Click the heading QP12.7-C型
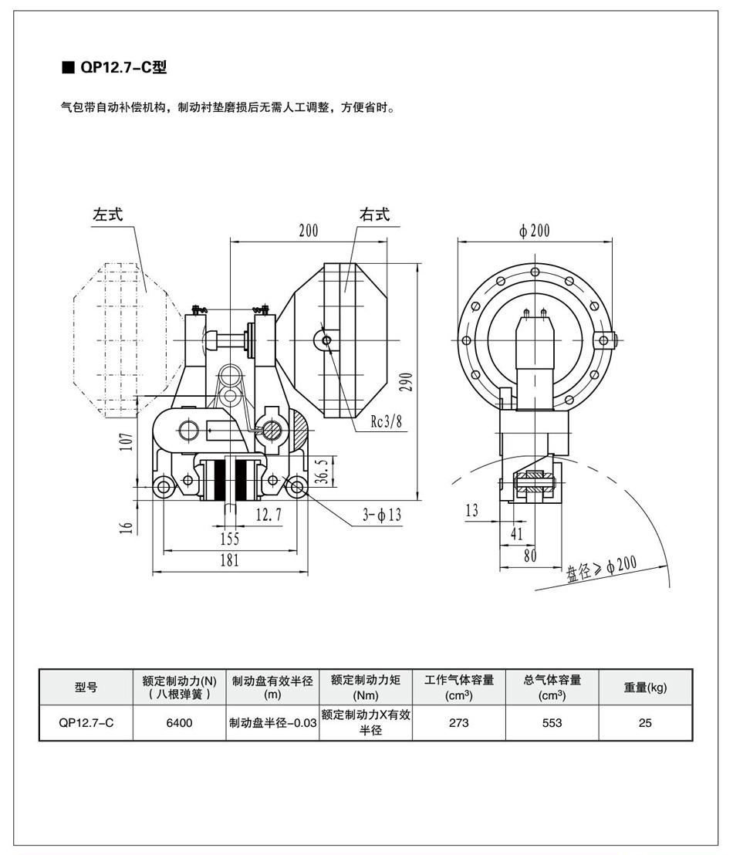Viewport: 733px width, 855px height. point(122,67)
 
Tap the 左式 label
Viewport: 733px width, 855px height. point(108,215)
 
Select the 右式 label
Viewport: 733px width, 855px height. point(374,215)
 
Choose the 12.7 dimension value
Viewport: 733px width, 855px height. point(269,515)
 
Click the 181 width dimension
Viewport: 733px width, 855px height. point(229,561)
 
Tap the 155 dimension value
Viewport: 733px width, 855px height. point(229,538)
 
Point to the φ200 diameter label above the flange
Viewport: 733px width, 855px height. point(535,231)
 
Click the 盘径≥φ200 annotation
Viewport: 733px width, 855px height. point(602,567)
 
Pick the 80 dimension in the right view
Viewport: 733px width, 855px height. point(530,554)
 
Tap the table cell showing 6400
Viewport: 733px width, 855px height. point(179,723)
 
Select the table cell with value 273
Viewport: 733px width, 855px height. point(458,723)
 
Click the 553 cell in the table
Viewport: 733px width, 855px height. point(552,723)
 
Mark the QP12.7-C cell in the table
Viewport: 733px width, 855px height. point(86,723)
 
